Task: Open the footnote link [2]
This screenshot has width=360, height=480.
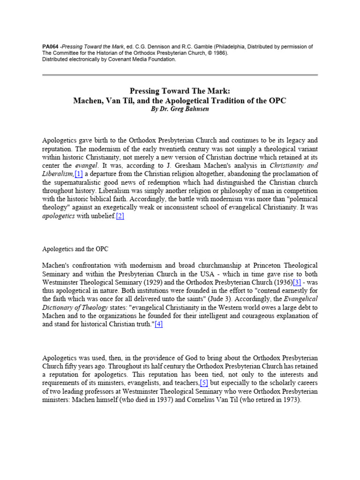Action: click(120, 216)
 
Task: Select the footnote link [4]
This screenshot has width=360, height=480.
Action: click(158, 324)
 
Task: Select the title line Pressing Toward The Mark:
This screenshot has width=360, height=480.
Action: click(180, 91)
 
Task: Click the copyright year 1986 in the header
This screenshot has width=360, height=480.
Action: click(217, 53)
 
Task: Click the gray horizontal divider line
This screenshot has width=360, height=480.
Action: click(180, 75)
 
